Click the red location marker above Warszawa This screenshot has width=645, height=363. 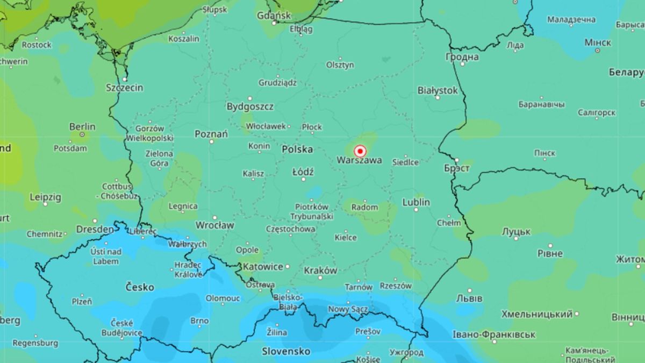tap(360, 151)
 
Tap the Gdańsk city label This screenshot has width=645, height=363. tap(274, 15)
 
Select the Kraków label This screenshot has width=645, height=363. tap(320, 271)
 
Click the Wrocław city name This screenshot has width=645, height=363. tap(214, 225)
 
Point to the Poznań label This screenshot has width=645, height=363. tap(211, 134)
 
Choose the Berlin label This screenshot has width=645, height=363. tap(82, 127)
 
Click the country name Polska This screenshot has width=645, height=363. tap(297, 149)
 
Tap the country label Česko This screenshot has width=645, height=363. tap(139, 287)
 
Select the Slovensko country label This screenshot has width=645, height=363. tap(286, 351)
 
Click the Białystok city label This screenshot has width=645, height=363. tap(438, 90)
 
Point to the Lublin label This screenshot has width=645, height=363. tap(416, 202)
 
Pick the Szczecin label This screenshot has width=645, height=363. tap(124, 87)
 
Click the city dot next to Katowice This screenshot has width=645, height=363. tap(288, 266)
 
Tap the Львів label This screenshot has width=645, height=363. tap(469, 298)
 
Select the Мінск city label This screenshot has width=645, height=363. tap(597, 42)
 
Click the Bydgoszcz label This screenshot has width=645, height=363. tap(250, 106)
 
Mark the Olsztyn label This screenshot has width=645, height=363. tap(340, 65)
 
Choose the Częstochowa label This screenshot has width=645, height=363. tap(290, 229)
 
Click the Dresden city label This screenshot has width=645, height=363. tap(95, 229)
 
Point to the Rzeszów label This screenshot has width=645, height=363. tap(395, 286)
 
